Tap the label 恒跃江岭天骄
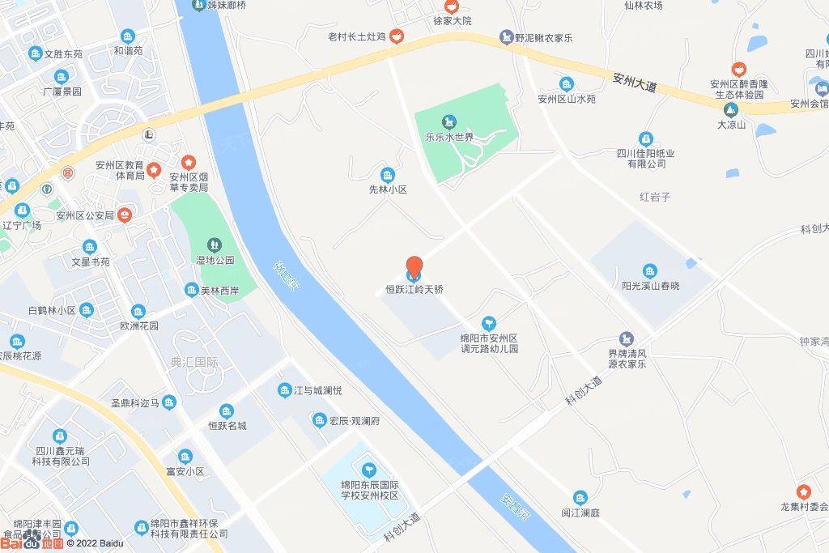(x=414, y=289)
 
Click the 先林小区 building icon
(x=388, y=175)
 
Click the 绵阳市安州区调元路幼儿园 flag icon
(x=489, y=323)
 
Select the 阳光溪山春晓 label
(x=650, y=286)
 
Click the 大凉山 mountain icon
(x=731, y=109)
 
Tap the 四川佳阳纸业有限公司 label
(x=645, y=158)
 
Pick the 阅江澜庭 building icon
(x=580, y=497)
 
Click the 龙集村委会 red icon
(x=803, y=491)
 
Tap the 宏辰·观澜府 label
(x=354, y=421)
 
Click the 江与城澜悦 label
(x=317, y=390)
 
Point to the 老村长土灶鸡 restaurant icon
(x=397, y=36)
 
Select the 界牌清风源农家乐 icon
(x=626, y=338)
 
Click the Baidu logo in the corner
(x=32, y=543)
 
